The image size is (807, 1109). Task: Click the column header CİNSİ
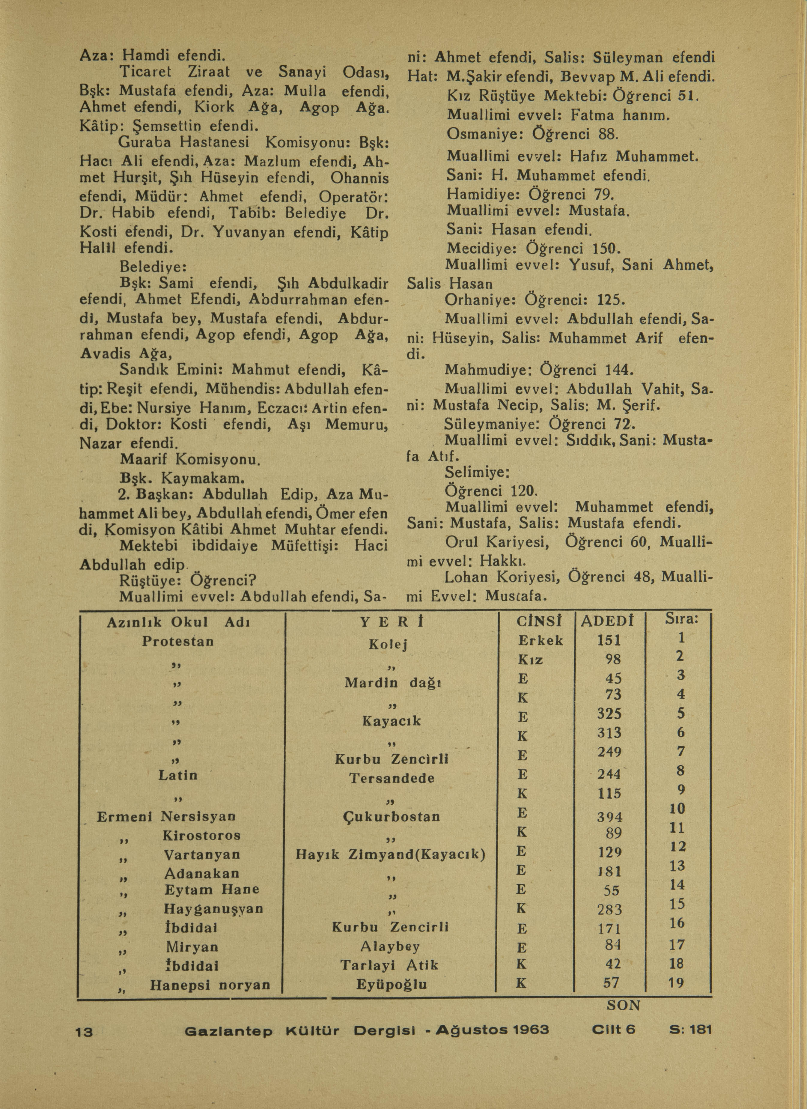(539, 622)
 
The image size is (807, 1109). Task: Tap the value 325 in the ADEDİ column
(609, 714)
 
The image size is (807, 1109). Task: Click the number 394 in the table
(609, 817)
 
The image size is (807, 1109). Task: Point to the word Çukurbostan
(392, 816)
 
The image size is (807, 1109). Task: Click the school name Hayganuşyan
(214, 908)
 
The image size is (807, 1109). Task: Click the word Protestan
(178, 641)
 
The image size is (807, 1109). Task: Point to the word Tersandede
(392, 778)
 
